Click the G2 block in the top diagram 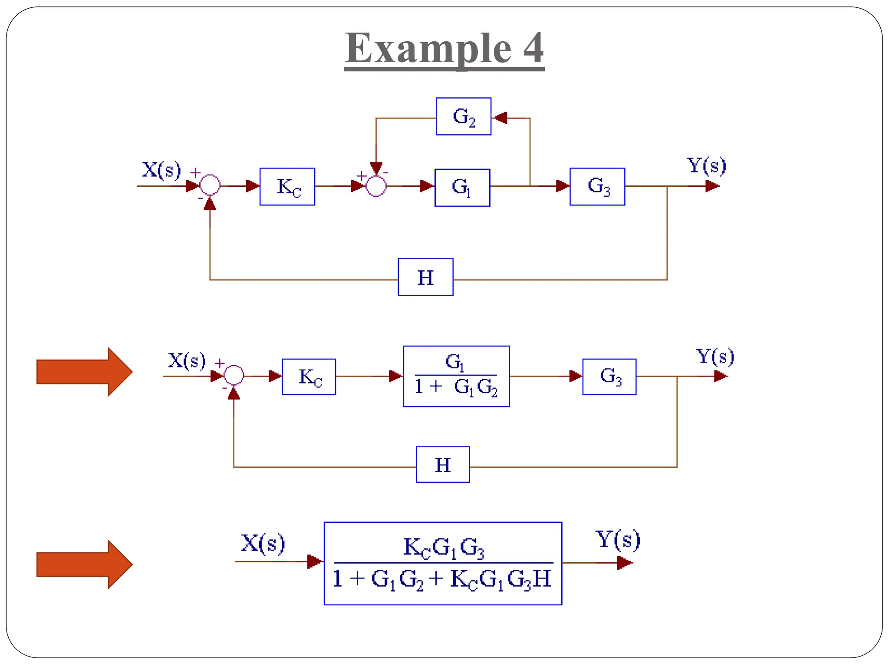tap(463, 116)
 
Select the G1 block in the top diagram tap(462, 188)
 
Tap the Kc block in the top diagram tap(287, 187)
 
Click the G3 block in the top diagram tap(597, 187)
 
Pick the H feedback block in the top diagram tap(425, 277)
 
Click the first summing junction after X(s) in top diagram tap(210, 185)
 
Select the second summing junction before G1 tap(376, 186)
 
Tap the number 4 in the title tap(533, 48)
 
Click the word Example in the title tap(428, 48)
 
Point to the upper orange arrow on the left tap(84, 372)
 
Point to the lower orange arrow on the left tap(84, 565)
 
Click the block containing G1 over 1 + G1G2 tap(456, 376)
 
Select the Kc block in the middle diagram tap(309, 376)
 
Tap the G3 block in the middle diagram tap(609, 376)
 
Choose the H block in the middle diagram tap(442, 464)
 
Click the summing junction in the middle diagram tap(234, 375)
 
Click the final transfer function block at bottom tap(443, 563)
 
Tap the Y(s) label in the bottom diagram tap(617, 539)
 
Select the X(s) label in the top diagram tap(161, 169)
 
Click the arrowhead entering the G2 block tap(500, 118)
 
